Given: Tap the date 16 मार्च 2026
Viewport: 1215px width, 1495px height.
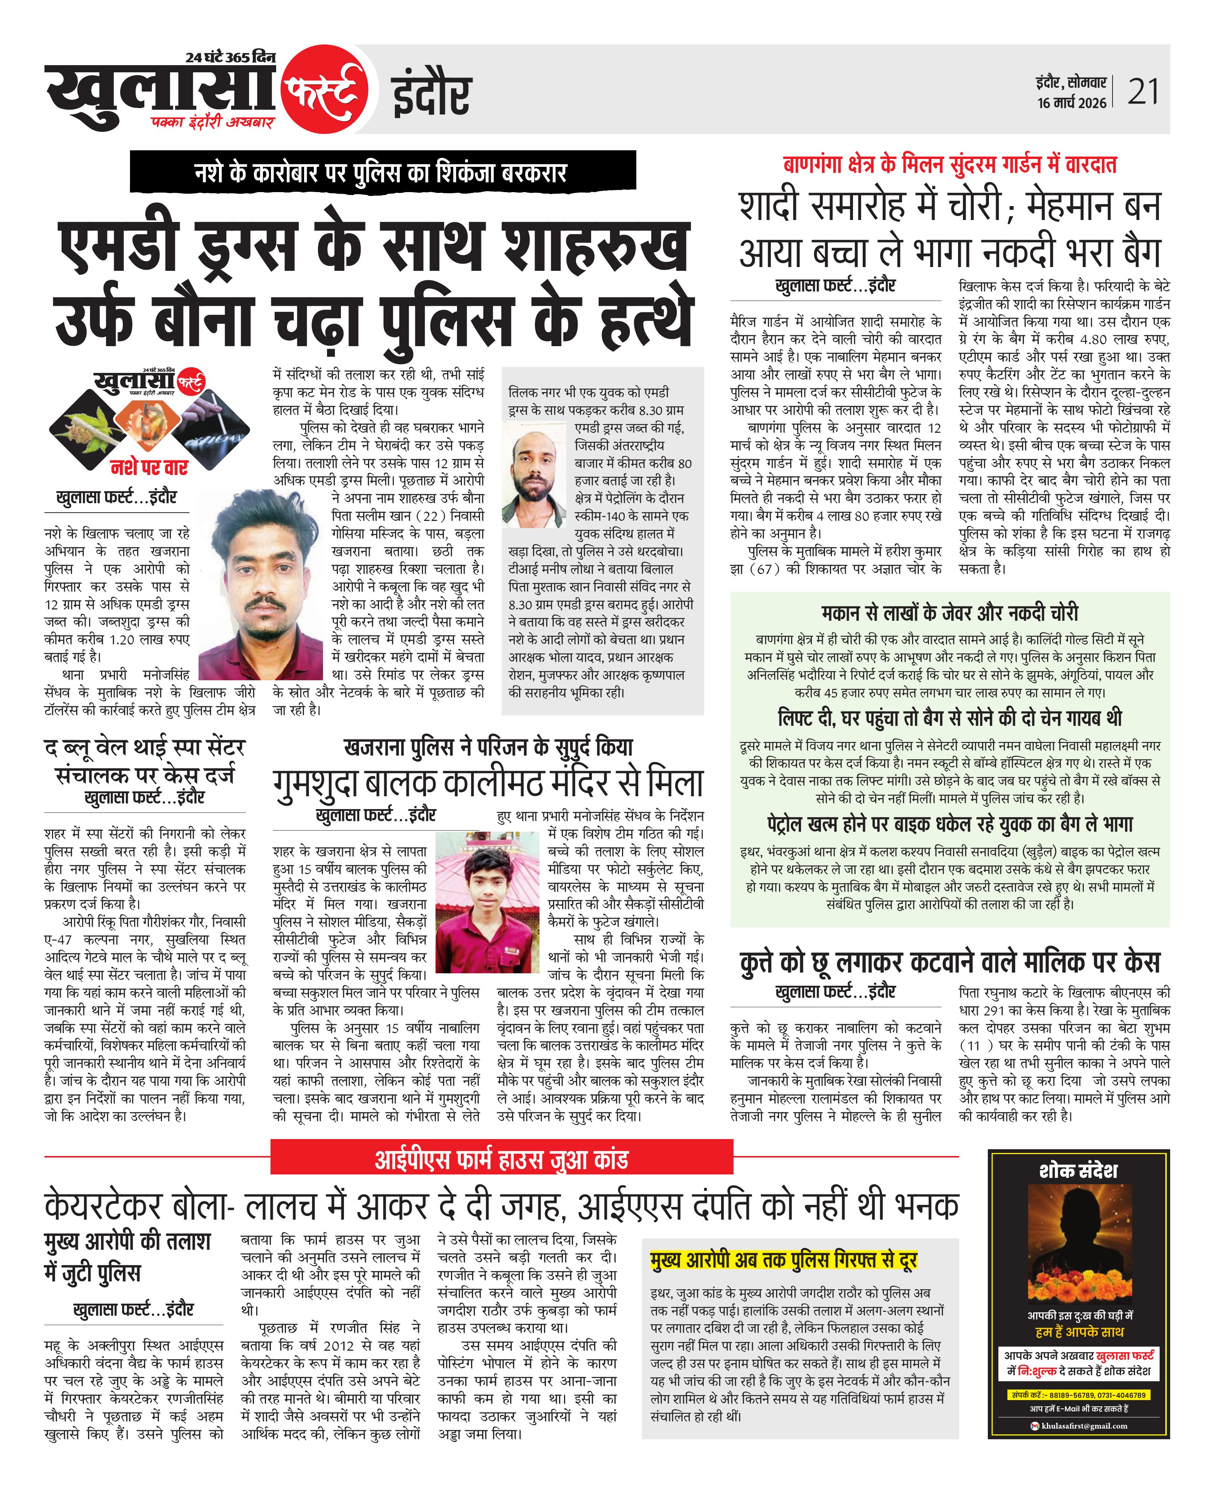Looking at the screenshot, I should (1071, 103).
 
